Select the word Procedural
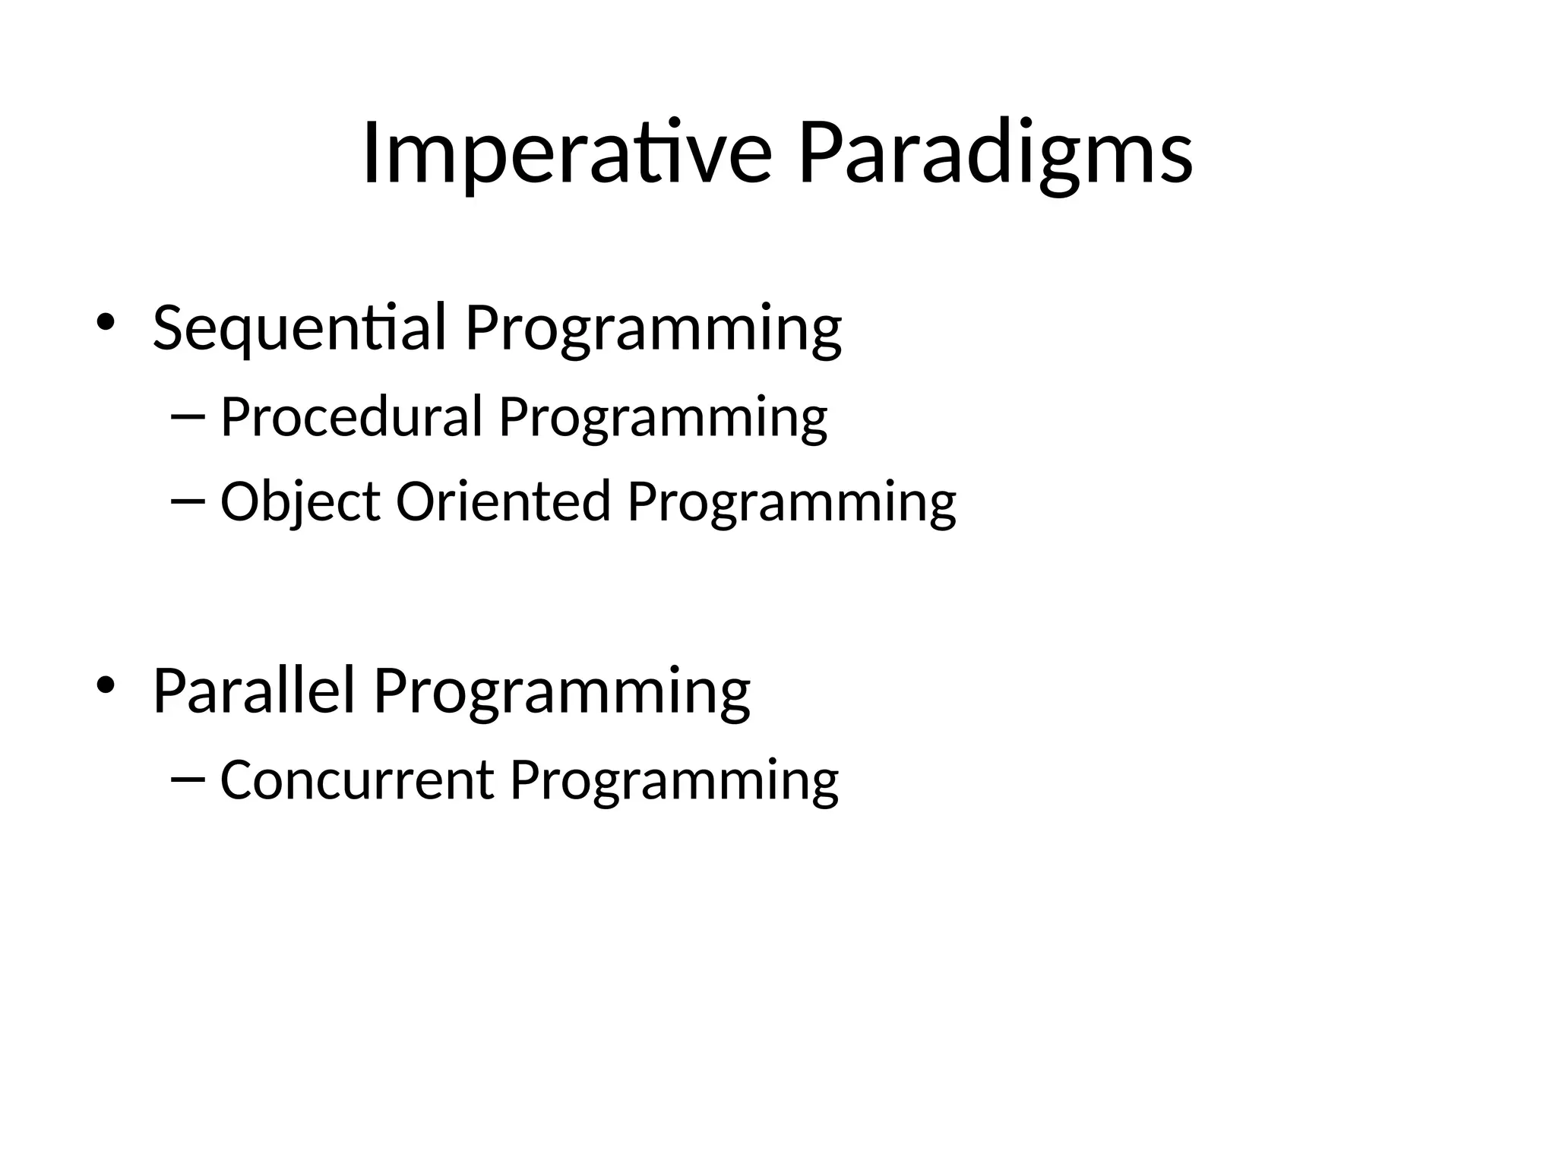pos(351,417)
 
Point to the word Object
pos(300,501)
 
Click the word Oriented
pos(504,501)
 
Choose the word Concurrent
pos(356,780)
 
